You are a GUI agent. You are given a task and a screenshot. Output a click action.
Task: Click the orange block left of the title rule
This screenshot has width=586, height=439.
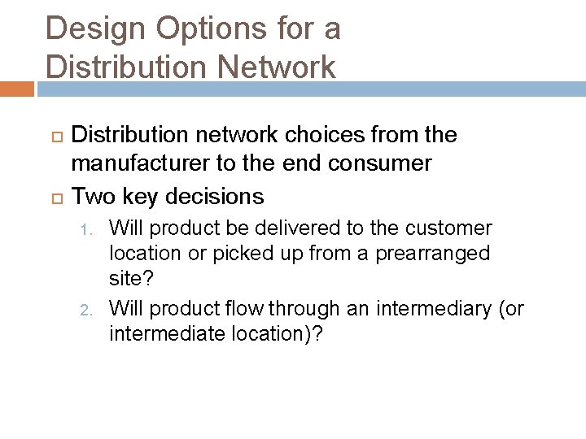16,89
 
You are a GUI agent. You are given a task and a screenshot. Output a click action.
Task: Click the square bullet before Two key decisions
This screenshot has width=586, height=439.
56,197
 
